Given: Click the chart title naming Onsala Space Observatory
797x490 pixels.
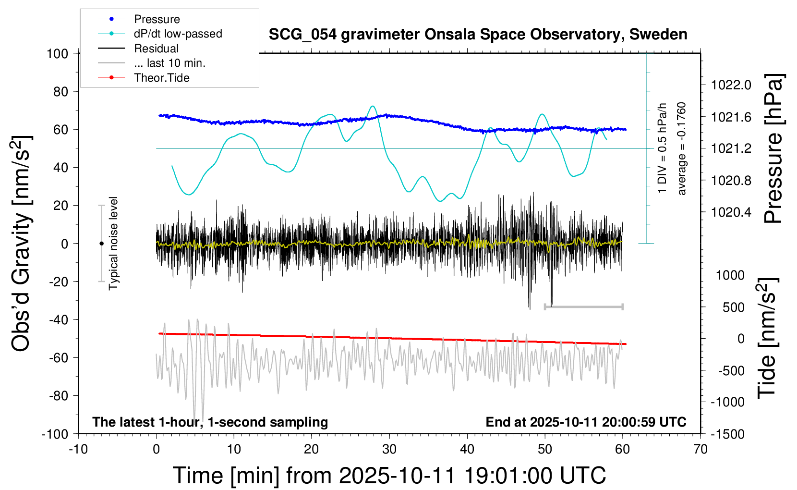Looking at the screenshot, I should pyautogui.click(x=478, y=35).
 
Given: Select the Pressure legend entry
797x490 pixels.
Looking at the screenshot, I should pyautogui.click(x=157, y=19).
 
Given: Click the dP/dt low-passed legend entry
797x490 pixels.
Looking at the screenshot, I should pyautogui.click(x=178, y=34).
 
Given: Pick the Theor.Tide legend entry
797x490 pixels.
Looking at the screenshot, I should pyautogui.click(x=161, y=78).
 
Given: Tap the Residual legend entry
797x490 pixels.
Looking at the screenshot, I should pyautogui.click(x=156, y=49).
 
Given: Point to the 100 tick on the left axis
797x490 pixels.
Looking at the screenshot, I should pyautogui.click(x=57, y=53).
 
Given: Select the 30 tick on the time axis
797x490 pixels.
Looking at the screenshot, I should pyautogui.click(x=389, y=449).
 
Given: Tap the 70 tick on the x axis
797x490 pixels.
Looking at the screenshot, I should pyautogui.click(x=700, y=449).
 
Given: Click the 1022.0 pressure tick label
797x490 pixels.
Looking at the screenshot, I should pyautogui.click(x=731, y=85).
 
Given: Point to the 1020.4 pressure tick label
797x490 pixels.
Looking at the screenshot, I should pyautogui.click(x=731, y=212).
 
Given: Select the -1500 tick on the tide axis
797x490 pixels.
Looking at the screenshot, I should pyautogui.click(x=727, y=434).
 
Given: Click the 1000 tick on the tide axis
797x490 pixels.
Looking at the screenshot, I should pyautogui.click(x=730, y=275).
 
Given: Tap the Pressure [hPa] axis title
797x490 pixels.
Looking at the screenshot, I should pyautogui.click(x=773, y=148).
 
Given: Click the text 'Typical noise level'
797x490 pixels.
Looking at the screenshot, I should pyautogui.click(x=113, y=243).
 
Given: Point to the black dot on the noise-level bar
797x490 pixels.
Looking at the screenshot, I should pyautogui.click(x=101, y=244).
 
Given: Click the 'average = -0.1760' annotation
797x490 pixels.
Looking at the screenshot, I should pyautogui.click(x=682, y=148).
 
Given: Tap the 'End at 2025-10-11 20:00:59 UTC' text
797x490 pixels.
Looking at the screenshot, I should pyautogui.click(x=586, y=422).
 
